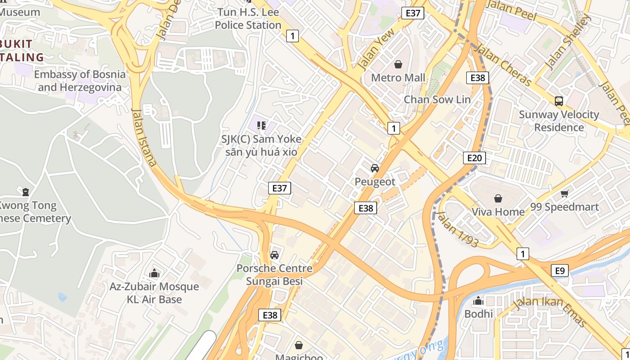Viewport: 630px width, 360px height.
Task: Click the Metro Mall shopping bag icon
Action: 398,65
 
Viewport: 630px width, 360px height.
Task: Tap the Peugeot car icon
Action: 374,168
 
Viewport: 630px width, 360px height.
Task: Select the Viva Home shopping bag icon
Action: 498,198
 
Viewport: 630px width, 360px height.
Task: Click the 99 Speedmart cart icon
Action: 565,193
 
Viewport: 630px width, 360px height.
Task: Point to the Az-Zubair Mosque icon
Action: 154,273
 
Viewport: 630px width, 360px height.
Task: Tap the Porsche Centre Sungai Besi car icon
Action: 274,255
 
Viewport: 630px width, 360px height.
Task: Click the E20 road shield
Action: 474,157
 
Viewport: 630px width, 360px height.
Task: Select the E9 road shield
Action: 559,270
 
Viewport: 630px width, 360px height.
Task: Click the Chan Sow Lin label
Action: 437,99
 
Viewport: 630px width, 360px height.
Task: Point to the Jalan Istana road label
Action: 144,137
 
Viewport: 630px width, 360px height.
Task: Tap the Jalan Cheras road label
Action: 503,65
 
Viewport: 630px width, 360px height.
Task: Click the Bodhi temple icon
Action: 478,301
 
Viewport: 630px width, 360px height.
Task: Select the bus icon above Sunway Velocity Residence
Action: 559,101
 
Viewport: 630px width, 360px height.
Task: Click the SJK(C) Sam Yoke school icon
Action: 261,126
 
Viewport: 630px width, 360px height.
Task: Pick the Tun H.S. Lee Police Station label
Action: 248,19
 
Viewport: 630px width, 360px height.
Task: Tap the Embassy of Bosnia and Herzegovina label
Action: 80,81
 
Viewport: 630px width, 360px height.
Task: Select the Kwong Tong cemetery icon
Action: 26,192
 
